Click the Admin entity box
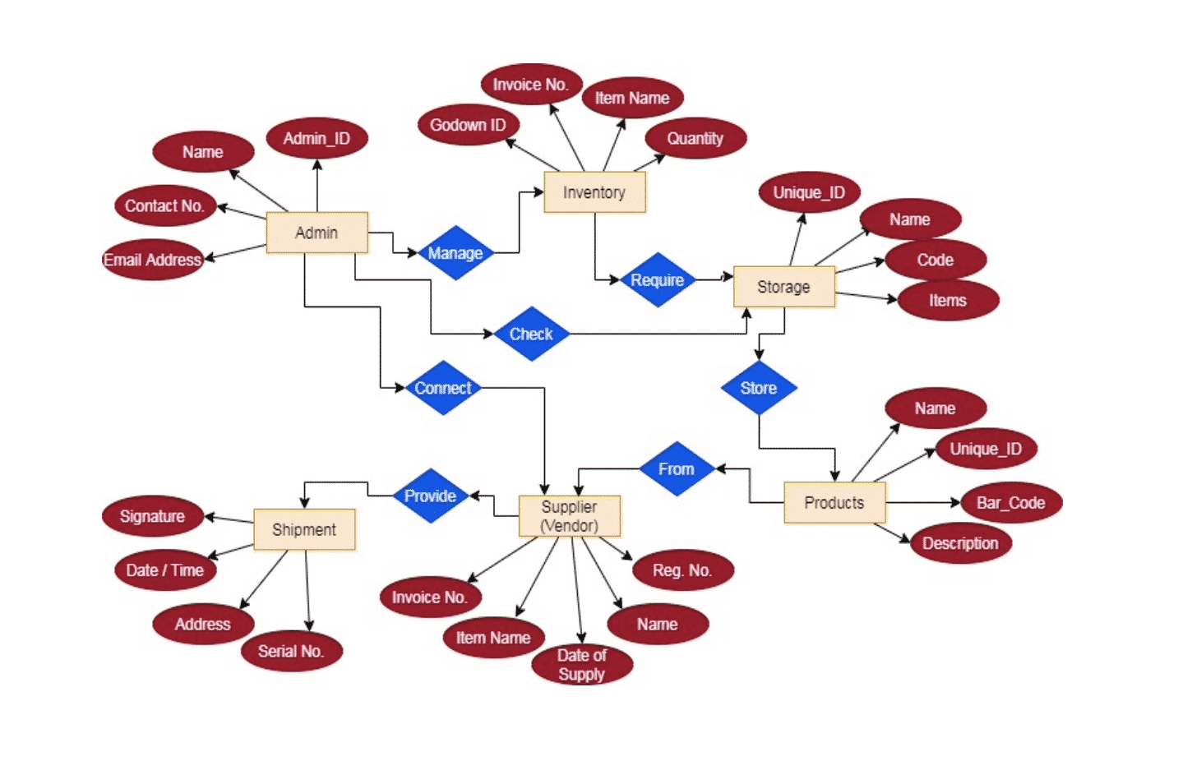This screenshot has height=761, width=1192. click(x=316, y=233)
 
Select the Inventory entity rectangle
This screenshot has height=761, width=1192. click(x=594, y=192)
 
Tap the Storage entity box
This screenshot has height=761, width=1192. click(x=783, y=287)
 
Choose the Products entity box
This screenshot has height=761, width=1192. click(x=834, y=503)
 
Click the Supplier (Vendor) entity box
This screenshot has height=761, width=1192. click(x=569, y=516)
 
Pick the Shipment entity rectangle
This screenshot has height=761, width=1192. click(x=304, y=529)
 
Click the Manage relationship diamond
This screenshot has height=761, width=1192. click(x=455, y=253)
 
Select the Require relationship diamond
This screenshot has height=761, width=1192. click(x=657, y=280)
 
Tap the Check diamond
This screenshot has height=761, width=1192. click(x=531, y=334)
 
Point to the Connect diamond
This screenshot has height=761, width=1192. click(x=443, y=388)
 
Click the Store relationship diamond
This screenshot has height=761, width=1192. click(x=758, y=388)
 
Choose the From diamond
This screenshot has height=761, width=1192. click(x=676, y=468)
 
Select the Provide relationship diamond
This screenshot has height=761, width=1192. click(x=430, y=496)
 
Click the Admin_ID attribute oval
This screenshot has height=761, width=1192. click(x=316, y=138)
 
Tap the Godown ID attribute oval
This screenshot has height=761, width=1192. click(x=468, y=125)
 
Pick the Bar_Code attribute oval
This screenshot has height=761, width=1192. click(x=1010, y=503)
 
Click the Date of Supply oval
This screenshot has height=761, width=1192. click(x=581, y=665)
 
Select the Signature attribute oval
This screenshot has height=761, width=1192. click(x=152, y=516)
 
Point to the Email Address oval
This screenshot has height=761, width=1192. click(x=152, y=260)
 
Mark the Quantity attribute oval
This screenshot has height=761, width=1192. click(x=695, y=138)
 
